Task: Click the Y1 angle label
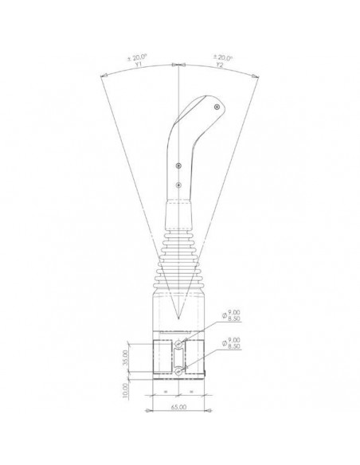(139, 66)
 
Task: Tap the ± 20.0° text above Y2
(222, 58)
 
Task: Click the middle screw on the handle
(180, 165)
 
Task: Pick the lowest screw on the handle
(179, 186)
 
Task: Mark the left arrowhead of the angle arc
(104, 76)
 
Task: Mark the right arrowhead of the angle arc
(256, 76)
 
